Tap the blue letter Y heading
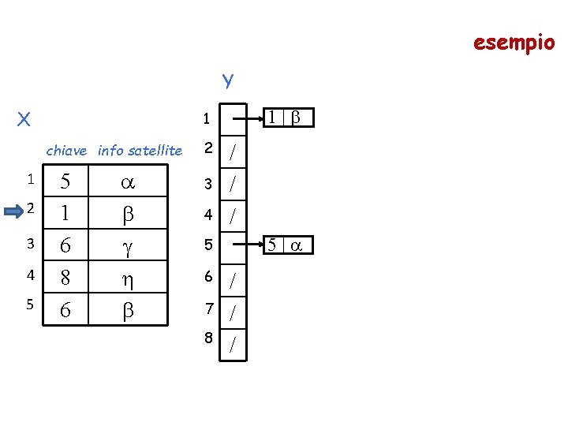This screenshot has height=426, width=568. tap(228, 80)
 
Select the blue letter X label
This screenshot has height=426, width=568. tap(24, 119)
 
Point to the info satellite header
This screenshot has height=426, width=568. tap(140, 150)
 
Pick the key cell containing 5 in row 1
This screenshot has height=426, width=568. tap(65, 181)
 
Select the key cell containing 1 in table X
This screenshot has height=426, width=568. tap(65, 213)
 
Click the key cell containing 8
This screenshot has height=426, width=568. tap(65, 278)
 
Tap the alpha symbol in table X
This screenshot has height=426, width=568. tap(126, 181)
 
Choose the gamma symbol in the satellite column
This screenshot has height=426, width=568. tap(126, 247)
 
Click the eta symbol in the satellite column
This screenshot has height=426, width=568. tap(126, 278)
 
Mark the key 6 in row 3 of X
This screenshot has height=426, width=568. tap(65, 246)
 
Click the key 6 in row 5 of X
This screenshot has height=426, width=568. tap(65, 311)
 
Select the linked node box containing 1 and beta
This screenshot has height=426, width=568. tap(288, 118)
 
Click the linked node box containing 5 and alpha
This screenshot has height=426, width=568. tap(288, 245)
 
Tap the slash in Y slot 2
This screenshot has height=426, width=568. tap(233, 152)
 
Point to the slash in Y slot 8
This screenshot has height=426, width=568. tap(233, 344)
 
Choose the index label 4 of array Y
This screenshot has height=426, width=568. tap(208, 213)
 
